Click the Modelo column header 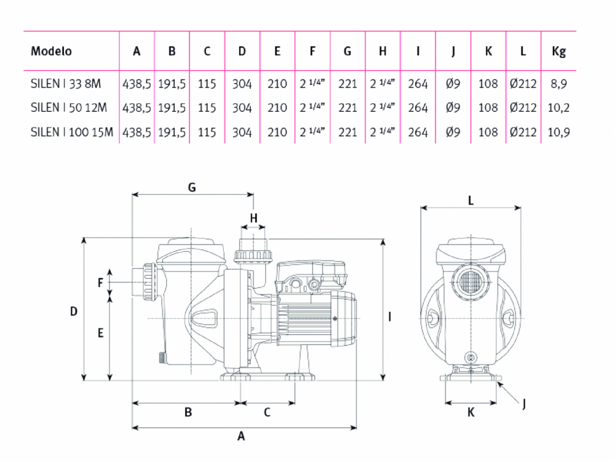point(52,51)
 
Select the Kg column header point(558,52)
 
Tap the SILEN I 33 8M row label point(66,84)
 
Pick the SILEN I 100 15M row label point(72,132)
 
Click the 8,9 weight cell point(558,84)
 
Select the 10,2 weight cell point(558,108)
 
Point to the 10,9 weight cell point(558,132)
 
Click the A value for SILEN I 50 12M point(137,108)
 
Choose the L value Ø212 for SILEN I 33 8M point(523,84)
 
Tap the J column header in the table point(453,52)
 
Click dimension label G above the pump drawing point(192,187)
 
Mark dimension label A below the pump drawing point(241,436)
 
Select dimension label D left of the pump point(74,312)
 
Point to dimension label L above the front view point(470,201)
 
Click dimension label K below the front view point(471,412)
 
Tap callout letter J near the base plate point(524,403)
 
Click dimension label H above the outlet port point(254,218)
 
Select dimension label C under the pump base point(267,412)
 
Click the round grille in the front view point(470,282)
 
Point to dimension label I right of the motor point(389,317)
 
